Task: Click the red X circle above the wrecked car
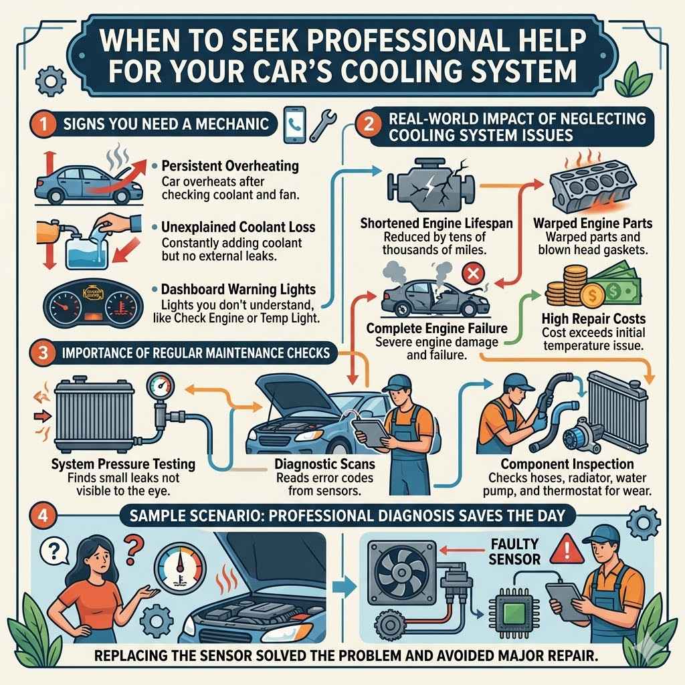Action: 472,274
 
